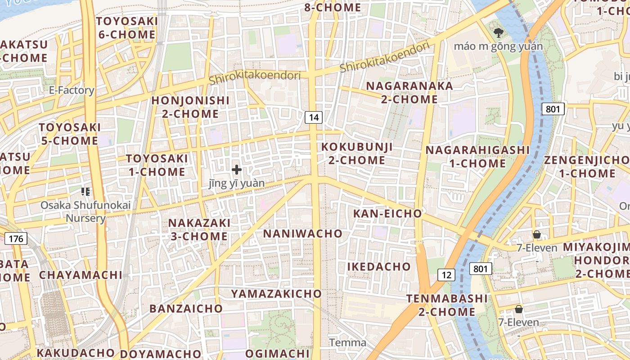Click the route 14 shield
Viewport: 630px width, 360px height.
pyautogui.click(x=314, y=117)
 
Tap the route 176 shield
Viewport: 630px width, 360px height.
pyautogui.click(x=16, y=238)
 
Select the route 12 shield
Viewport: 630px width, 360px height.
pyautogui.click(x=446, y=274)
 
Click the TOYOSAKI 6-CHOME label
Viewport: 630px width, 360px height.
pyautogui.click(x=126, y=28)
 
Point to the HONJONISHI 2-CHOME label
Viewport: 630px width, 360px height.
pyautogui.click(x=190, y=107)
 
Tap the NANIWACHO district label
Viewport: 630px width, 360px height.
pyautogui.click(x=302, y=234)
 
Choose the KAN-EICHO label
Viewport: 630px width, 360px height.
pyautogui.click(x=387, y=213)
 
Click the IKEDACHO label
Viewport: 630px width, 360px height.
pyautogui.click(x=379, y=266)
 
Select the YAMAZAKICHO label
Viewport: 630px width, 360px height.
pyautogui.click(x=276, y=294)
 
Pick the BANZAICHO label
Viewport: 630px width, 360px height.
pyautogui.click(x=186, y=309)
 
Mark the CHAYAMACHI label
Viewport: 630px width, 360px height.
pyautogui.click(x=81, y=275)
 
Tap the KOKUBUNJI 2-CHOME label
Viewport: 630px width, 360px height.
pyautogui.click(x=357, y=153)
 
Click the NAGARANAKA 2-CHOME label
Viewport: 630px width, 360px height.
pyautogui.click(x=409, y=93)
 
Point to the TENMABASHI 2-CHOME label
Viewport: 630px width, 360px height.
pyautogui.click(x=447, y=305)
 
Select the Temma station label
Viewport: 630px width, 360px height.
pyautogui.click(x=347, y=343)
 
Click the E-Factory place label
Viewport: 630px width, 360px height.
pyautogui.click(x=72, y=90)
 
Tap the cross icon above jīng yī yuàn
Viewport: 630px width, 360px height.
pyautogui.click(x=237, y=170)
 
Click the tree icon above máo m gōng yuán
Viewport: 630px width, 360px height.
pyautogui.click(x=498, y=32)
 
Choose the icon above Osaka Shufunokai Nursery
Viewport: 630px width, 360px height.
pyautogui.click(x=85, y=192)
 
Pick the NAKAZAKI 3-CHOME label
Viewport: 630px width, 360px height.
pyautogui.click(x=199, y=229)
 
